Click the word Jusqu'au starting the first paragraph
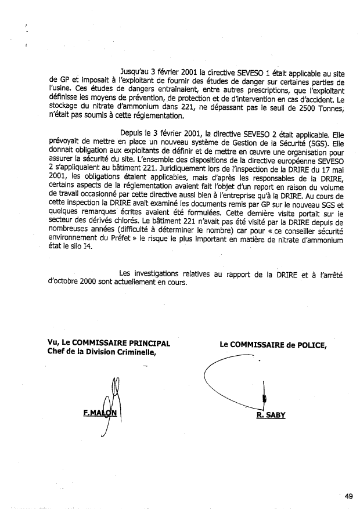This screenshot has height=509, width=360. point(135,73)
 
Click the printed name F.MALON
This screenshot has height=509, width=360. point(100,413)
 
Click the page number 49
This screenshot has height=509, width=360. point(348,496)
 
